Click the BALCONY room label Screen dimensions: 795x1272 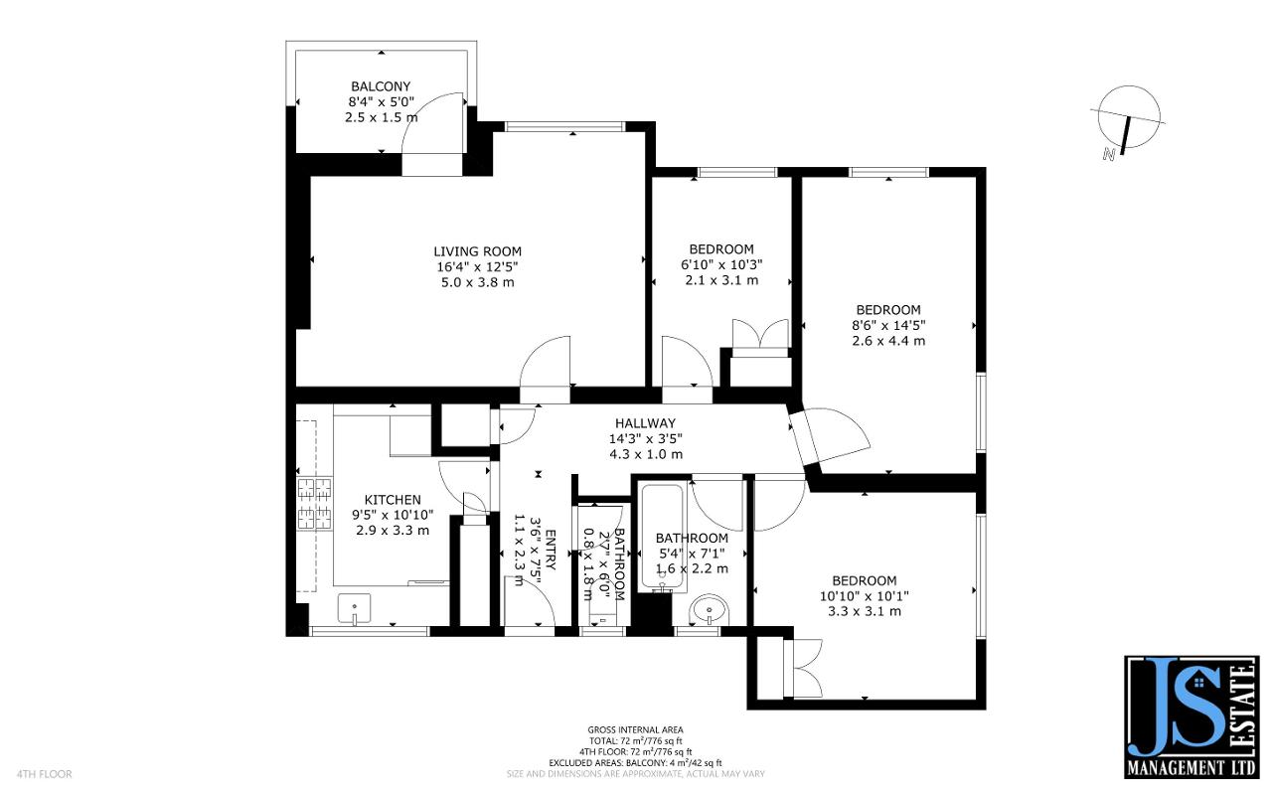pos(381,86)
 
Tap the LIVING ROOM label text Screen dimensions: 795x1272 pos(477,251)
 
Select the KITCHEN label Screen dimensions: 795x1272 pos(393,500)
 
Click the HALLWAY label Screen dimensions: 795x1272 pos(645,423)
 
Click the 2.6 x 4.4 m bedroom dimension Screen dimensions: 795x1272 pos(888,341)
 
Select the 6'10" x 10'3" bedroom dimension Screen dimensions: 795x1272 pos(721,265)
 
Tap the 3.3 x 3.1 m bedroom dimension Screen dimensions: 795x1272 pos(865,611)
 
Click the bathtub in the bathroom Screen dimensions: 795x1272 pos(657,537)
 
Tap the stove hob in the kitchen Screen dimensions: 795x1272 pos(315,502)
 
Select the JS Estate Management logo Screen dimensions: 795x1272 pos(1191,717)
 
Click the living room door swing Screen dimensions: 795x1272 pos(548,363)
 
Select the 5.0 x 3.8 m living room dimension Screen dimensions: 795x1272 pos(477,282)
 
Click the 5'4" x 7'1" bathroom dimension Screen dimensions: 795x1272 pos(692,554)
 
